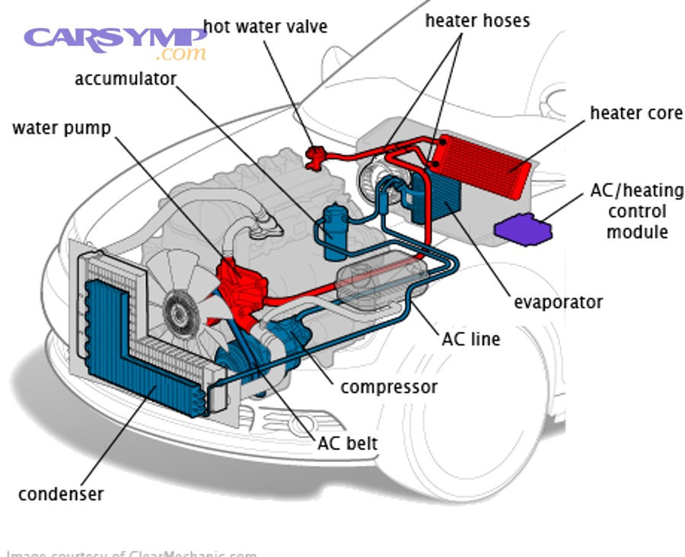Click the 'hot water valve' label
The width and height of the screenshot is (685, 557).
[266, 27]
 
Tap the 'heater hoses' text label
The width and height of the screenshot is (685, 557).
[477, 21]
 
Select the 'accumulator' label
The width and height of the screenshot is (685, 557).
[126, 79]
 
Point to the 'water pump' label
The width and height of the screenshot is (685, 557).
[62, 127]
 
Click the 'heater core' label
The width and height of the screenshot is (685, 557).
[636, 113]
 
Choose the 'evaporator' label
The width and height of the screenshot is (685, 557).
[558, 302]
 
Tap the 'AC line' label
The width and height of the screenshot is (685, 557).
[471, 338]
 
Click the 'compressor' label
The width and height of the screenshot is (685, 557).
[389, 387]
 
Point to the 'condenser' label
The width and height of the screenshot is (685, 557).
[61, 494]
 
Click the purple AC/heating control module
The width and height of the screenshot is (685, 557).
[524, 230]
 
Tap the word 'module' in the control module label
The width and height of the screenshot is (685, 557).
[636, 232]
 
